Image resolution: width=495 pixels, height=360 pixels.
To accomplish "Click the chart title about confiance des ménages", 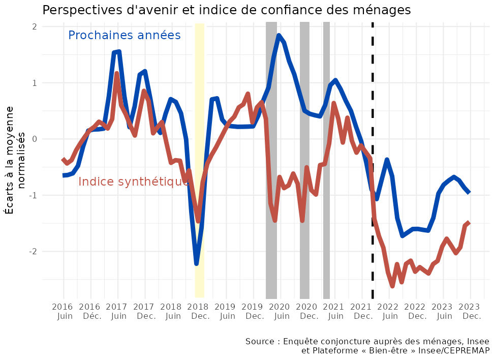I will point(226,10).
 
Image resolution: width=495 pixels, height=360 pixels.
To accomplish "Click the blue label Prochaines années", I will point(125,35).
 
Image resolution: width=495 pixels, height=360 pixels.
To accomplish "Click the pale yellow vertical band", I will point(200,153).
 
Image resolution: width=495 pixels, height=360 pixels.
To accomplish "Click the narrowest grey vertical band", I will point(326,153).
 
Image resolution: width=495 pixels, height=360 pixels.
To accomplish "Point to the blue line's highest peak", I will point(279,36).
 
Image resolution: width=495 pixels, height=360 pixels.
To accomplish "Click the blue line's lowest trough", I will point(196,263).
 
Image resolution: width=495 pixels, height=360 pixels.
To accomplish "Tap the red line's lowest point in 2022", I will point(392,286).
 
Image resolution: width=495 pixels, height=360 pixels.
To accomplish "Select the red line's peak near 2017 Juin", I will point(117,74).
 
